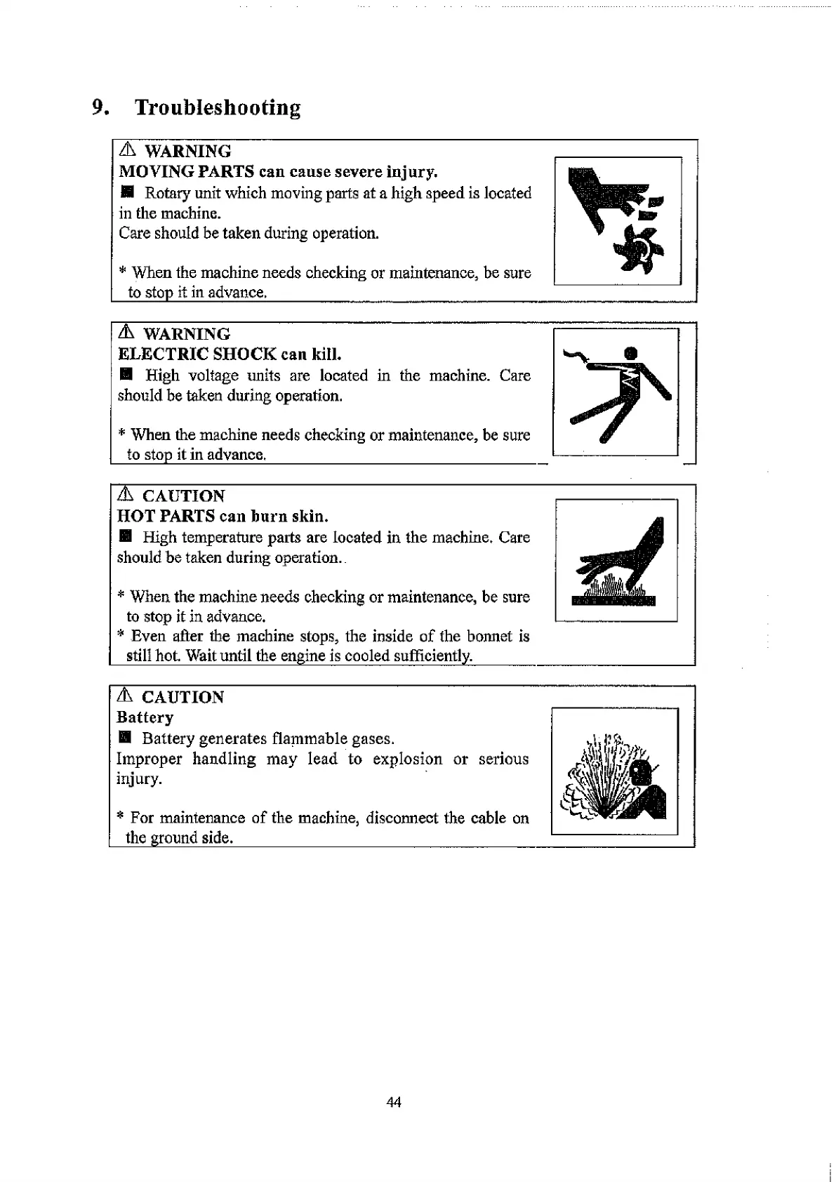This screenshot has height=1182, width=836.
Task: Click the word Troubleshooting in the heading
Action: click(x=218, y=107)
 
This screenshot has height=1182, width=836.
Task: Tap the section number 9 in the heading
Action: click(x=99, y=107)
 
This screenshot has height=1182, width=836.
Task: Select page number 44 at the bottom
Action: click(x=394, y=1103)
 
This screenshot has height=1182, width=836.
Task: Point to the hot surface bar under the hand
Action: click(x=613, y=602)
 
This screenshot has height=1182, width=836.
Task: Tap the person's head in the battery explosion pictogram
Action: click(x=640, y=775)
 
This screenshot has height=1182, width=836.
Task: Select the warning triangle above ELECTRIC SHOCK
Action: click(x=127, y=333)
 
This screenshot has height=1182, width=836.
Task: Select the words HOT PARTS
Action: click(x=166, y=517)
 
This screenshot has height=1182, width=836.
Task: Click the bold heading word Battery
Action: click(x=145, y=717)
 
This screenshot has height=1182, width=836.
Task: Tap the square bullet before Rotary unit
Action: click(x=126, y=192)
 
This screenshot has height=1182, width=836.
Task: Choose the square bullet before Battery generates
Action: click(x=125, y=738)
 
